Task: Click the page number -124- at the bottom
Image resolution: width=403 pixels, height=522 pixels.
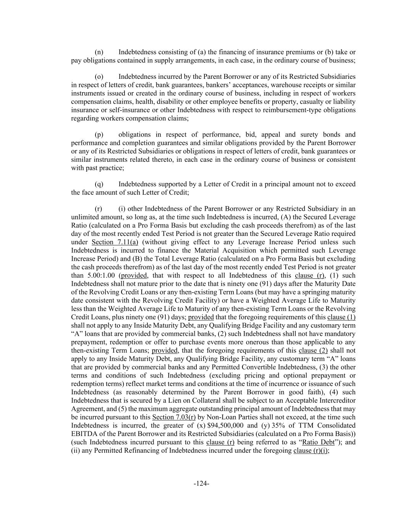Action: (x=201, y=484)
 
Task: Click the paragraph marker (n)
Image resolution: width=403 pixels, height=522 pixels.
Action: (x=99, y=52)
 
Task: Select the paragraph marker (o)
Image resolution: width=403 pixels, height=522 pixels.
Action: (x=99, y=77)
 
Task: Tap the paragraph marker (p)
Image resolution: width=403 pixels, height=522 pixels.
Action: (x=99, y=135)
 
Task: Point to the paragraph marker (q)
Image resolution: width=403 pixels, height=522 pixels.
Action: (x=99, y=184)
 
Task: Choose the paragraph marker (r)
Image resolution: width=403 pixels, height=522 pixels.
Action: (x=99, y=209)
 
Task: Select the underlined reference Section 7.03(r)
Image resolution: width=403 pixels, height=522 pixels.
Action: (x=174, y=417)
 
